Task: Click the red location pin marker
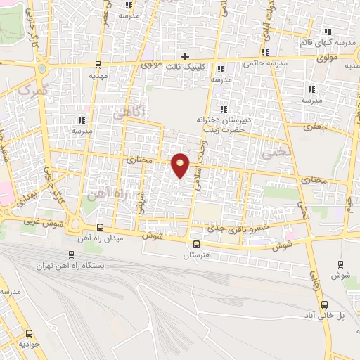point(181,165)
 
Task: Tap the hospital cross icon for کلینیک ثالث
point(185,56)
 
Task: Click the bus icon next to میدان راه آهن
point(99,228)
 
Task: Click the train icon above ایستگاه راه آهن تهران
point(70,255)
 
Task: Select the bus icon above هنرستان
point(195,244)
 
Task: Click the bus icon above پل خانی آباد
point(325,305)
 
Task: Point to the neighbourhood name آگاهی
point(140,111)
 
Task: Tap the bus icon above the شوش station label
point(341,264)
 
